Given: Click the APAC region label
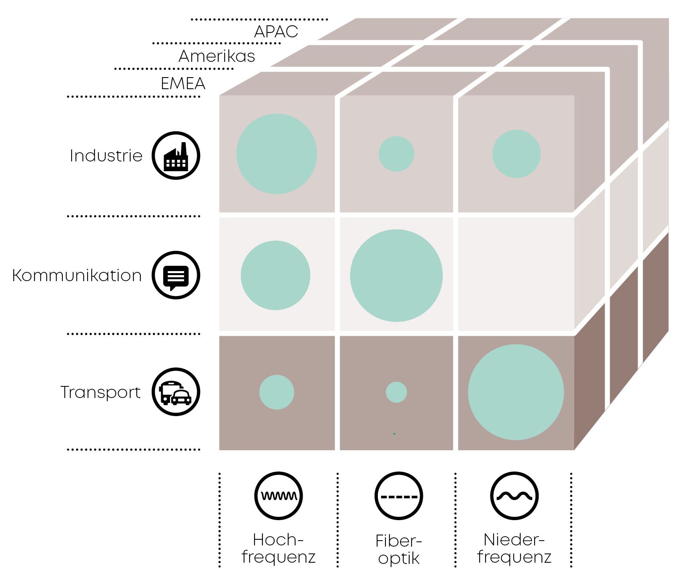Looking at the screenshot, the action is pyautogui.click(x=276, y=31).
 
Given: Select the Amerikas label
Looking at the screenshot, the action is pyautogui.click(x=217, y=56).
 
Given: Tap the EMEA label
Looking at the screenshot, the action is pyautogui.click(x=183, y=83).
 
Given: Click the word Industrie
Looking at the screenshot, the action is pyautogui.click(x=106, y=155).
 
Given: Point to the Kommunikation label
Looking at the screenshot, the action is pyautogui.click(x=77, y=276).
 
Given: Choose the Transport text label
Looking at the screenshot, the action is pyautogui.click(x=100, y=392).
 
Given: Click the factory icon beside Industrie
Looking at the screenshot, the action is pyautogui.click(x=176, y=155).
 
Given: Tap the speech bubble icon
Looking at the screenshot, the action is pyautogui.click(x=176, y=275).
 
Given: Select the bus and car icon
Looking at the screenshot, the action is pyautogui.click(x=176, y=392).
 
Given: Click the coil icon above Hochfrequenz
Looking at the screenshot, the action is pyautogui.click(x=279, y=496).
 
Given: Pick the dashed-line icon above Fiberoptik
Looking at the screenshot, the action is pyautogui.click(x=399, y=496).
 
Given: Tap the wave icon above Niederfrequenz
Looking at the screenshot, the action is pyautogui.click(x=515, y=496).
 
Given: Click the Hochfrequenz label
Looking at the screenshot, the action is pyautogui.click(x=279, y=548).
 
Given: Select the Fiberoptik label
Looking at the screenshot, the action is pyautogui.click(x=399, y=549).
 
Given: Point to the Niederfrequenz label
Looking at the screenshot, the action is pyautogui.click(x=515, y=548).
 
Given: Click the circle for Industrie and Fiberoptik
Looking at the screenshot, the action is pyautogui.click(x=396, y=154).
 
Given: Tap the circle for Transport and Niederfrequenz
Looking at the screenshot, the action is pyautogui.click(x=516, y=392).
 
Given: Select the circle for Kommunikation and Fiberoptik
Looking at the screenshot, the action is pyautogui.click(x=396, y=276).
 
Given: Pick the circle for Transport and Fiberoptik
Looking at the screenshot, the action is pyautogui.click(x=396, y=392).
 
